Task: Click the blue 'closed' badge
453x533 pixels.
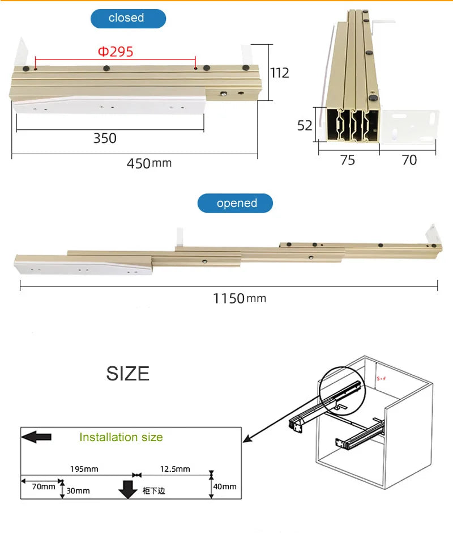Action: (128, 18)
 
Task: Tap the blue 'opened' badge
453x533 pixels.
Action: (235, 203)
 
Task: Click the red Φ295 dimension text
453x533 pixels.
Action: (116, 52)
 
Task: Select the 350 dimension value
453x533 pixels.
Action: (105, 138)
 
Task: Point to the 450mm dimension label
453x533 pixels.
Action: (148, 163)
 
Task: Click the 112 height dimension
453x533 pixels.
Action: (279, 73)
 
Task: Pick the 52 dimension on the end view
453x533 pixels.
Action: (305, 125)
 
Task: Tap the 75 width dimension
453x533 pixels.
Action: (348, 160)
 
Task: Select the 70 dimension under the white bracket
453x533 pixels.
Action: (409, 160)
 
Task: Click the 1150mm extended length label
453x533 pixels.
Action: (239, 298)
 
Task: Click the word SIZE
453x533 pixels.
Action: (128, 374)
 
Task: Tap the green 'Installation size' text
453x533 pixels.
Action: (121, 437)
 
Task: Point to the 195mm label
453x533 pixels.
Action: (84, 469)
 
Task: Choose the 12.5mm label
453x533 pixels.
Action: (176, 469)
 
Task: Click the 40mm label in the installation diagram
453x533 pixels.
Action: (225, 487)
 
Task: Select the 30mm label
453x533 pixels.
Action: (78, 490)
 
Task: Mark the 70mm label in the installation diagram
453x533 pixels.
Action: (44, 486)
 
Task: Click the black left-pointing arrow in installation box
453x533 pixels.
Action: (36, 437)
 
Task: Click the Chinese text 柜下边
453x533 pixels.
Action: (153, 490)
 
